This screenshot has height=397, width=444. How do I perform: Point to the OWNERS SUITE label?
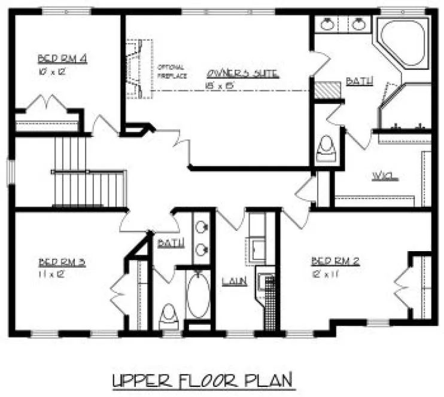[x=242, y=74]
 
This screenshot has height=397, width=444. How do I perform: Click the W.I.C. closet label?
[x=385, y=176]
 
